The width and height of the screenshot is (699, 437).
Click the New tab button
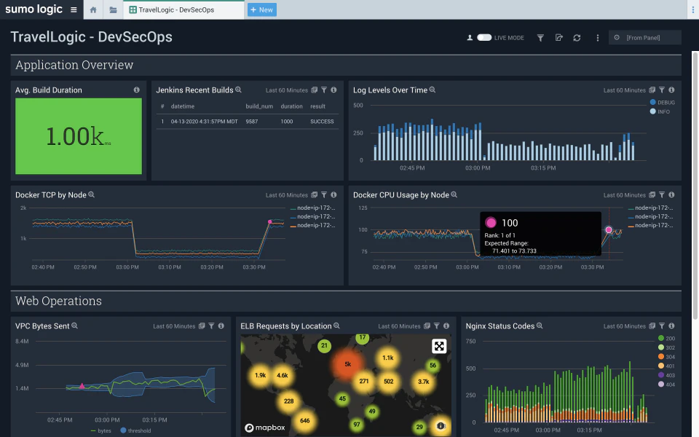pyautogui.click(x=262, y=9)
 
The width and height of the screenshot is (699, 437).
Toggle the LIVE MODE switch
pyautogui.click(x=484, y=37)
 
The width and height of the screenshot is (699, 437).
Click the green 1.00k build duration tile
pyautogui.click(x=79, y=136)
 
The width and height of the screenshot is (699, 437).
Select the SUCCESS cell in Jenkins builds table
pyautogui.click(x=322, y=122)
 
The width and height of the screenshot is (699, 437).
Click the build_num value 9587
pyautogui.click(x=253, y=122)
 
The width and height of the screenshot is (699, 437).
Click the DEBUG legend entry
pyautogui.click(x=662, y=103)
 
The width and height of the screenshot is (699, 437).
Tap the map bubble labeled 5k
pyautogui.click(x=347, y=363)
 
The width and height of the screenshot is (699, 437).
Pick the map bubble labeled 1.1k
pyautogui.click(x=387, y=358)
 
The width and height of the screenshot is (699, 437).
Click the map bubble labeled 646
pyautogui.click(x=304, y=421)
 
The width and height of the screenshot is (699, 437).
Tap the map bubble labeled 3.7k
pyautogui.click(x=423, y=381)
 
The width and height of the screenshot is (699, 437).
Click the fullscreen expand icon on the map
pyautogui.click(x=439, y=346)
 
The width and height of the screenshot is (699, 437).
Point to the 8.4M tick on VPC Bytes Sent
pyautogui.click(x=22, y=341)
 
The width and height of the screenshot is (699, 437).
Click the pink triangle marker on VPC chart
pyautogui.click(x=82, y=386)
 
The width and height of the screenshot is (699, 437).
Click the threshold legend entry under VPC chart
pyautogui.click(x=136, y=430)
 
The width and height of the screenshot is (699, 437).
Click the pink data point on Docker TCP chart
pyautogui.click(x=269, y=221)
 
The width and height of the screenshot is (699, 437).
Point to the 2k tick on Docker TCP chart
pyautogui.click(x=23, y=208)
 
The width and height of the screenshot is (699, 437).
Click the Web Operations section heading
pyautogui.click(x=58, y=301)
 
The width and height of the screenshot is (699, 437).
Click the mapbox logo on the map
pyautogui.click(x=264, y=428)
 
